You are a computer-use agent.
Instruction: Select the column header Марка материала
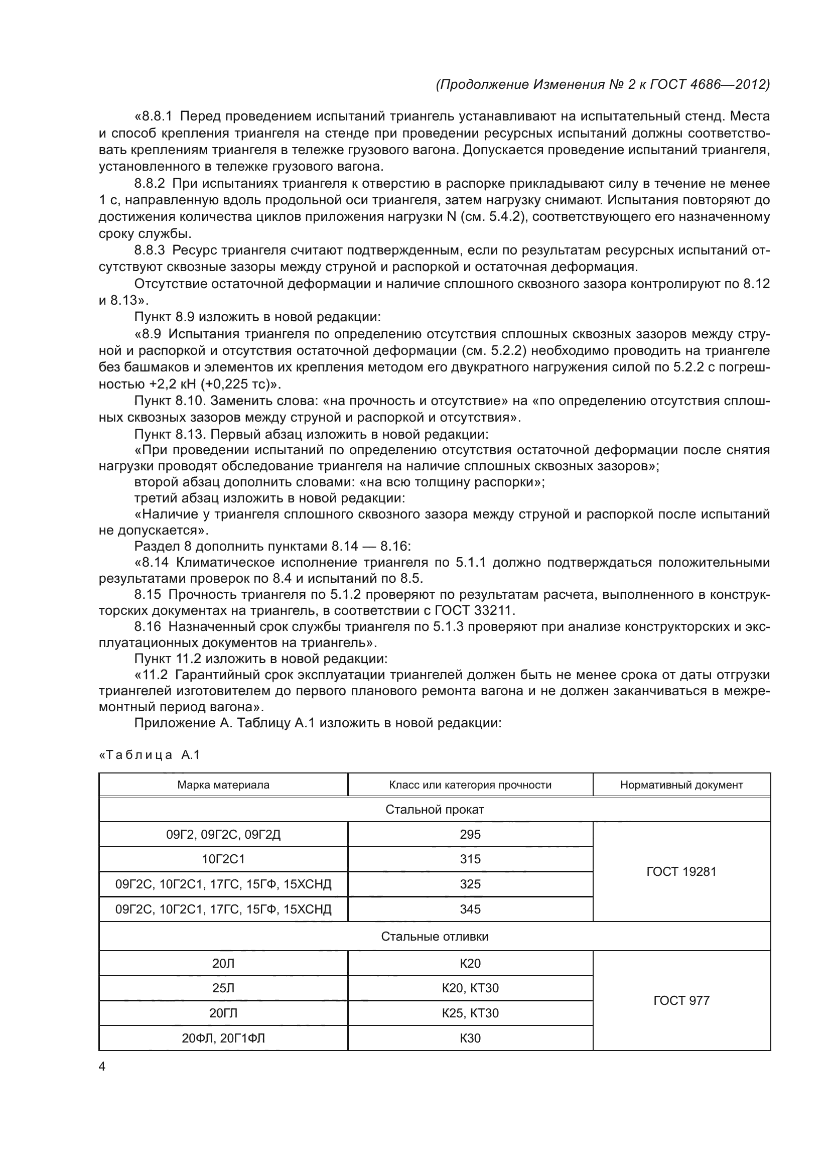[x=223, y=785]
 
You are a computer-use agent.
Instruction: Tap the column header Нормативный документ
[x=681, y=785]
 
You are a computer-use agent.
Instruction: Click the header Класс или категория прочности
[x=470, y=785]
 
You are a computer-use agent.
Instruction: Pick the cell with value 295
[x=470, y=835]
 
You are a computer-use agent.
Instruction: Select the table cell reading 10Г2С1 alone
[x=223, y=859]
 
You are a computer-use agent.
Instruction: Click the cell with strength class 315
[x=470, y=859]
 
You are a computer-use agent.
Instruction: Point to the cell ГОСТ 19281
[x=681, y=871]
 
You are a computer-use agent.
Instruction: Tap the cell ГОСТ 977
[x=681, y=1001]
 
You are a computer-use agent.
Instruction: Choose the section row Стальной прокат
[x=435, y=810]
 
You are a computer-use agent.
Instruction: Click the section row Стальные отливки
[x=435, y=936]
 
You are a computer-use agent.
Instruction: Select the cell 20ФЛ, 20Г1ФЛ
[x=223, y=1038]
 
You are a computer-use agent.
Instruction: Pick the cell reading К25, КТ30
[x=470, y=1013]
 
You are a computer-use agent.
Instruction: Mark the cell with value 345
[x=470, y=909]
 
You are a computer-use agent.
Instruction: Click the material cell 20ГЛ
[x=223, y=1013]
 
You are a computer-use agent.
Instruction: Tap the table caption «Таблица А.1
[x=149, y=755]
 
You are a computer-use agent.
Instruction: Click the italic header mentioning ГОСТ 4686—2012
[x=603, y=84]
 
